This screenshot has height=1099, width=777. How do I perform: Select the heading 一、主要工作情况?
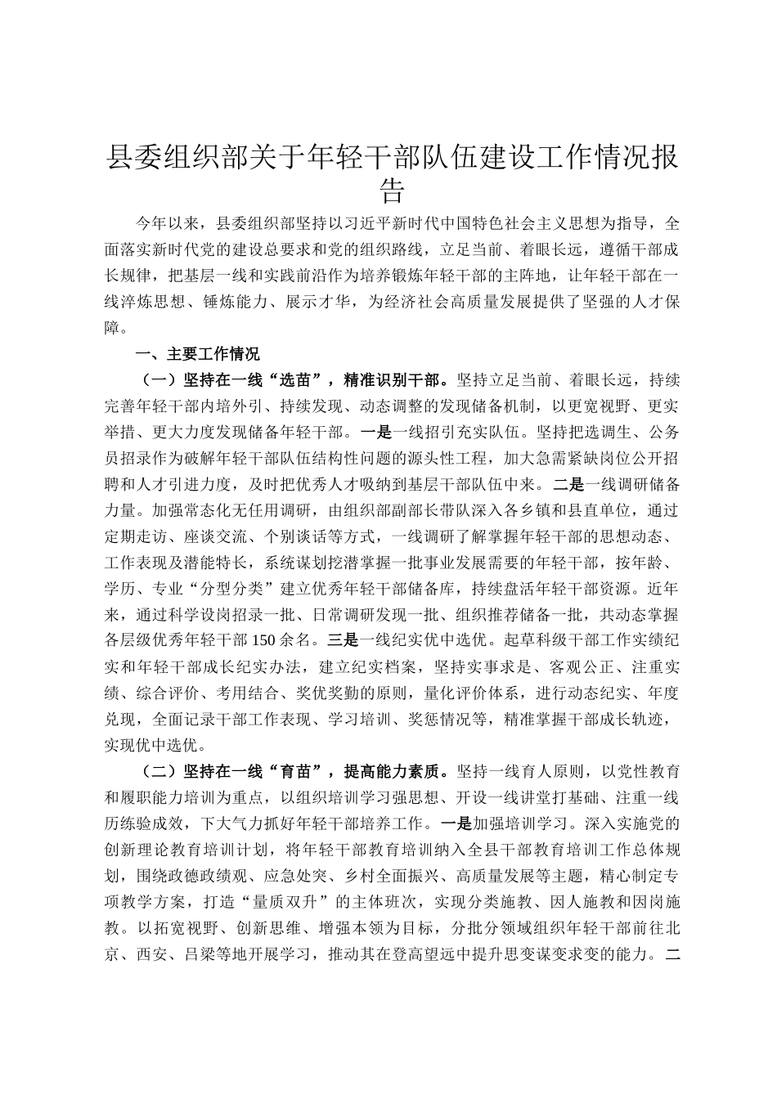[x=197, y=354]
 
